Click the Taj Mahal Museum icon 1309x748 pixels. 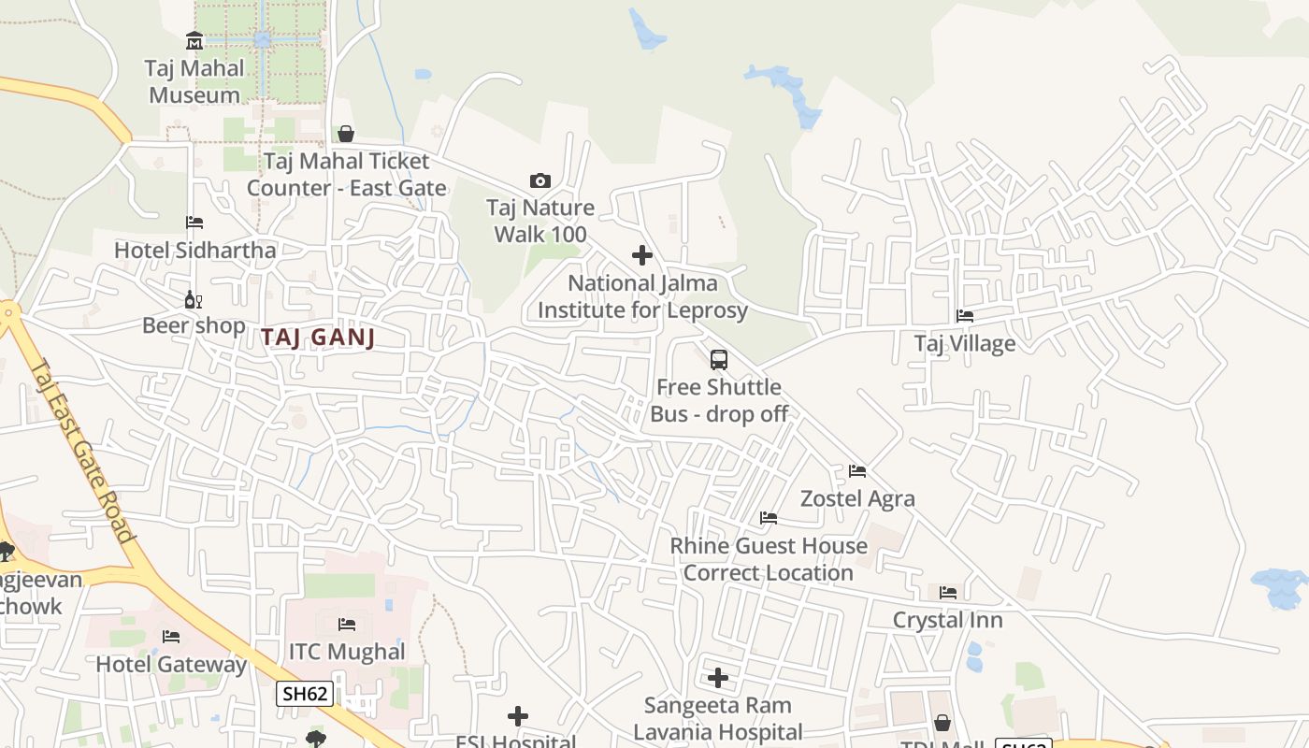194,40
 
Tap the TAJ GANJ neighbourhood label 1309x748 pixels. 318,338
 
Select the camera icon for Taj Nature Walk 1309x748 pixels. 540,180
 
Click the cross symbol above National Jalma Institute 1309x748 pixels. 642,254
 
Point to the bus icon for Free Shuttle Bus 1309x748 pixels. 718,359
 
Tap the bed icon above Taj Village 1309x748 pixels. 965,316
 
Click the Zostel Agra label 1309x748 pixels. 857,498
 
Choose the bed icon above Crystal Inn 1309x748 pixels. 948,592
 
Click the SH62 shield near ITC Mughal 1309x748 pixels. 305,693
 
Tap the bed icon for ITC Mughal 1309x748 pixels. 347,624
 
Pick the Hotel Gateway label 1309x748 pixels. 171,665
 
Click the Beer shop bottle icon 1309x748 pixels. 194,299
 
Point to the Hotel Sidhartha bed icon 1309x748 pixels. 194,223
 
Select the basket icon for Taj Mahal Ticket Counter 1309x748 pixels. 346,134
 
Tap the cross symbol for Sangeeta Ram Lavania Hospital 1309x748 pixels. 718,677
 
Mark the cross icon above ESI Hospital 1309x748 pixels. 517,716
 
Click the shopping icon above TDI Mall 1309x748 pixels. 942,723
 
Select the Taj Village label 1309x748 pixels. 965,343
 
